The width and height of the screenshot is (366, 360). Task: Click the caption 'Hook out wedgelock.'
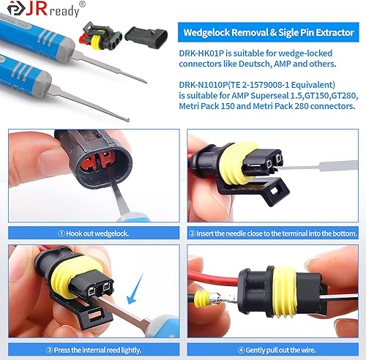click(91, 233)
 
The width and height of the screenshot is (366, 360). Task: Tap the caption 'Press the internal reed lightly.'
click(91, 349)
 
